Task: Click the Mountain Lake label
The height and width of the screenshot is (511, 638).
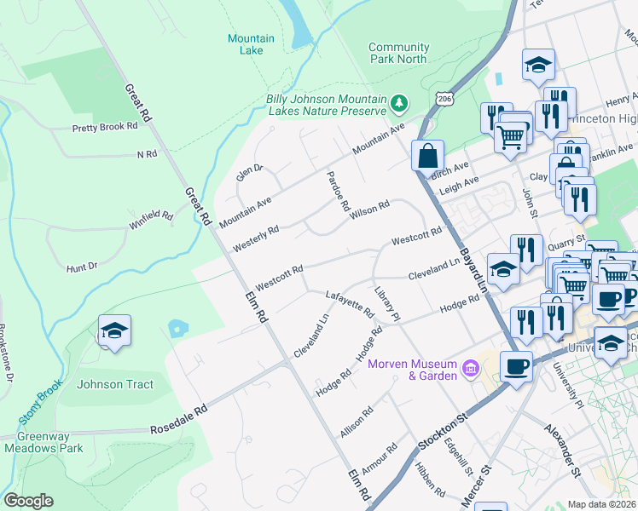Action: click(x=251, y=44)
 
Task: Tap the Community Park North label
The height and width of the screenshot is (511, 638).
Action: click(x=398, y=53)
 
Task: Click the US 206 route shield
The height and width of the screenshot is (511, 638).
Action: click(x=444, y=100)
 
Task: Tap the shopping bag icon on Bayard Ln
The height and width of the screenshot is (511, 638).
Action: click(x=427, y=156)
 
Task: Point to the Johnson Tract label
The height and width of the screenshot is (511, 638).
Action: click(x=115, y=384)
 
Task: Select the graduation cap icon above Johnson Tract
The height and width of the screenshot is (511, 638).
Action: click(x=114, y=330)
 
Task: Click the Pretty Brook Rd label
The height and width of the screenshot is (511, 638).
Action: click(x=105, y=127)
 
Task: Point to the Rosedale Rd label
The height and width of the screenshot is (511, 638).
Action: click(x=179, y=428)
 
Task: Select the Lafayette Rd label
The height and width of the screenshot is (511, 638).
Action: click(x=351, y=304)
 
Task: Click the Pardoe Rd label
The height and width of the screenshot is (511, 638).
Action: click(x=339, y=191)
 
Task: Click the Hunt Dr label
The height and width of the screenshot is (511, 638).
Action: click(x=82, y=267)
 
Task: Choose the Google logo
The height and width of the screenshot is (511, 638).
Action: click(x=28, y=501)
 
